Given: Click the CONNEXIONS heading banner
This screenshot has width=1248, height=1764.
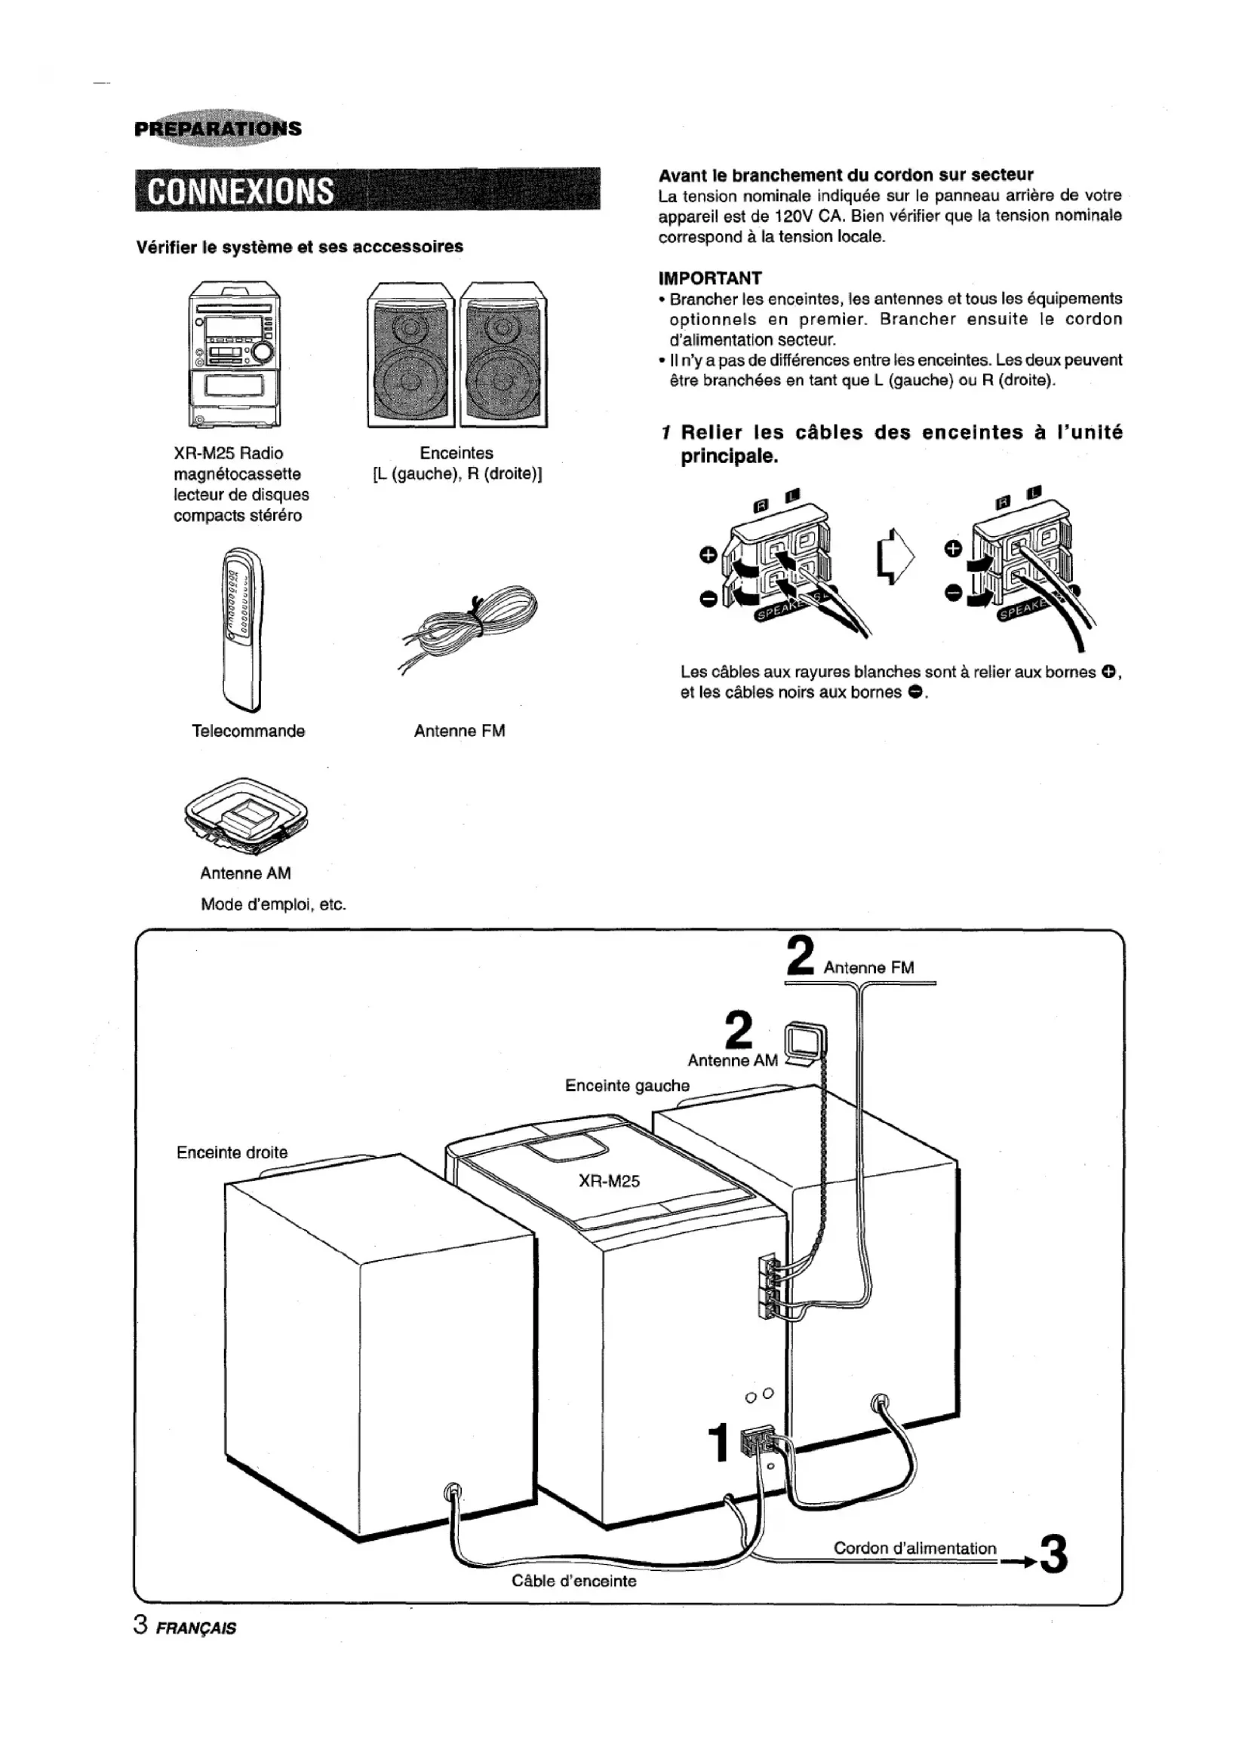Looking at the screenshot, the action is click(367, 190).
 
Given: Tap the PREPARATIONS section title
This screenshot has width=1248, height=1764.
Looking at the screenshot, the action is click(217, 128).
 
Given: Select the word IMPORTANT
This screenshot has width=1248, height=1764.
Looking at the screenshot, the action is click(710, 278).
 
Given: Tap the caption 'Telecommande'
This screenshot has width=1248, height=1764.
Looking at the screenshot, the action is click(248, 731).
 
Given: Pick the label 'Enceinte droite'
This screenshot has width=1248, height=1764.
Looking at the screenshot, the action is click(232, 1152).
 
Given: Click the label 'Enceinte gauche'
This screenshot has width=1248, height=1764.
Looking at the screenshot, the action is click(627, 1085).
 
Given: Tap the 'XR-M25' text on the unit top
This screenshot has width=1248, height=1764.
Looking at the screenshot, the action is click(609, 1181).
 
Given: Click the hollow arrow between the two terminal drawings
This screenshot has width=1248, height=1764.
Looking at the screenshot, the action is click(896, 556).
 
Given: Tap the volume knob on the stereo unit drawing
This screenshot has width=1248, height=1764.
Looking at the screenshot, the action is click(262, 352).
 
